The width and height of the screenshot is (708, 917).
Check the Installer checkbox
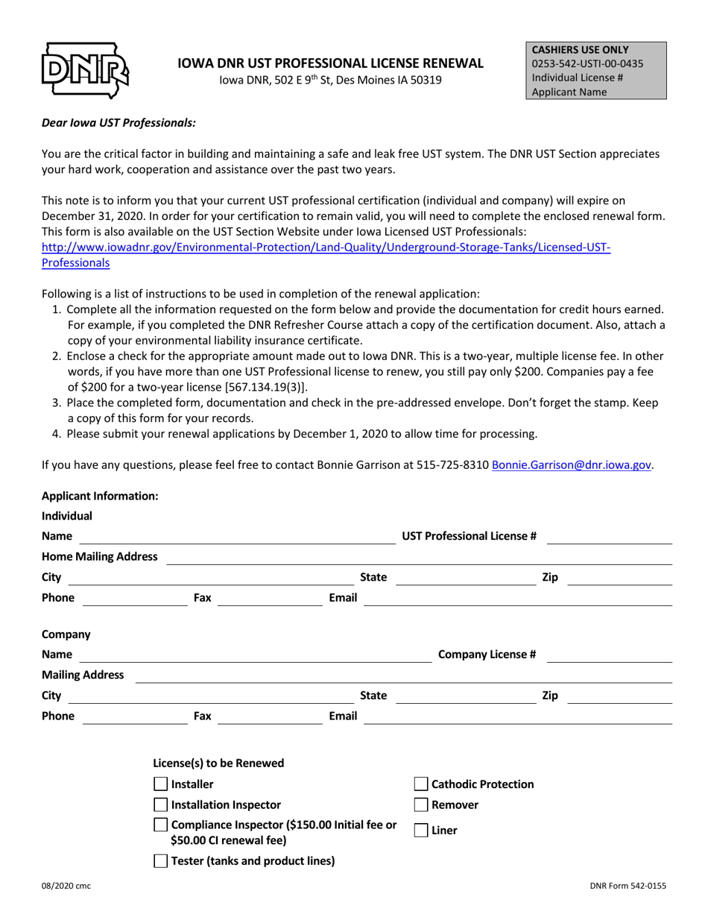click(x=160, y=784)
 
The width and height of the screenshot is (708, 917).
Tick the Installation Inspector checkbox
click(x=160, y=804)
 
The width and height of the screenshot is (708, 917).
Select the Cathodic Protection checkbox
click(x=421, y=784)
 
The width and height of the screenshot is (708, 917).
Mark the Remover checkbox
click(x=421, y=804)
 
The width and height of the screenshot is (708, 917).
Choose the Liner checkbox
click(x=421, y=830)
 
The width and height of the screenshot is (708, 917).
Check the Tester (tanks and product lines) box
click(x=160, y=861)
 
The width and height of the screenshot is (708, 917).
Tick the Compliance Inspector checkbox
click(x=160, y=825)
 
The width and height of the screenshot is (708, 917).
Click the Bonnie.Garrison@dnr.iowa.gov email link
click(x=572, y=464)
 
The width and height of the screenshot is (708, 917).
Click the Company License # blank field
click(x=610, y=655)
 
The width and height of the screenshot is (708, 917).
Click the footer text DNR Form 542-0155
click(x=628, y=886)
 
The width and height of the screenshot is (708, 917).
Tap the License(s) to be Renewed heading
click(x=218, y=763)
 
